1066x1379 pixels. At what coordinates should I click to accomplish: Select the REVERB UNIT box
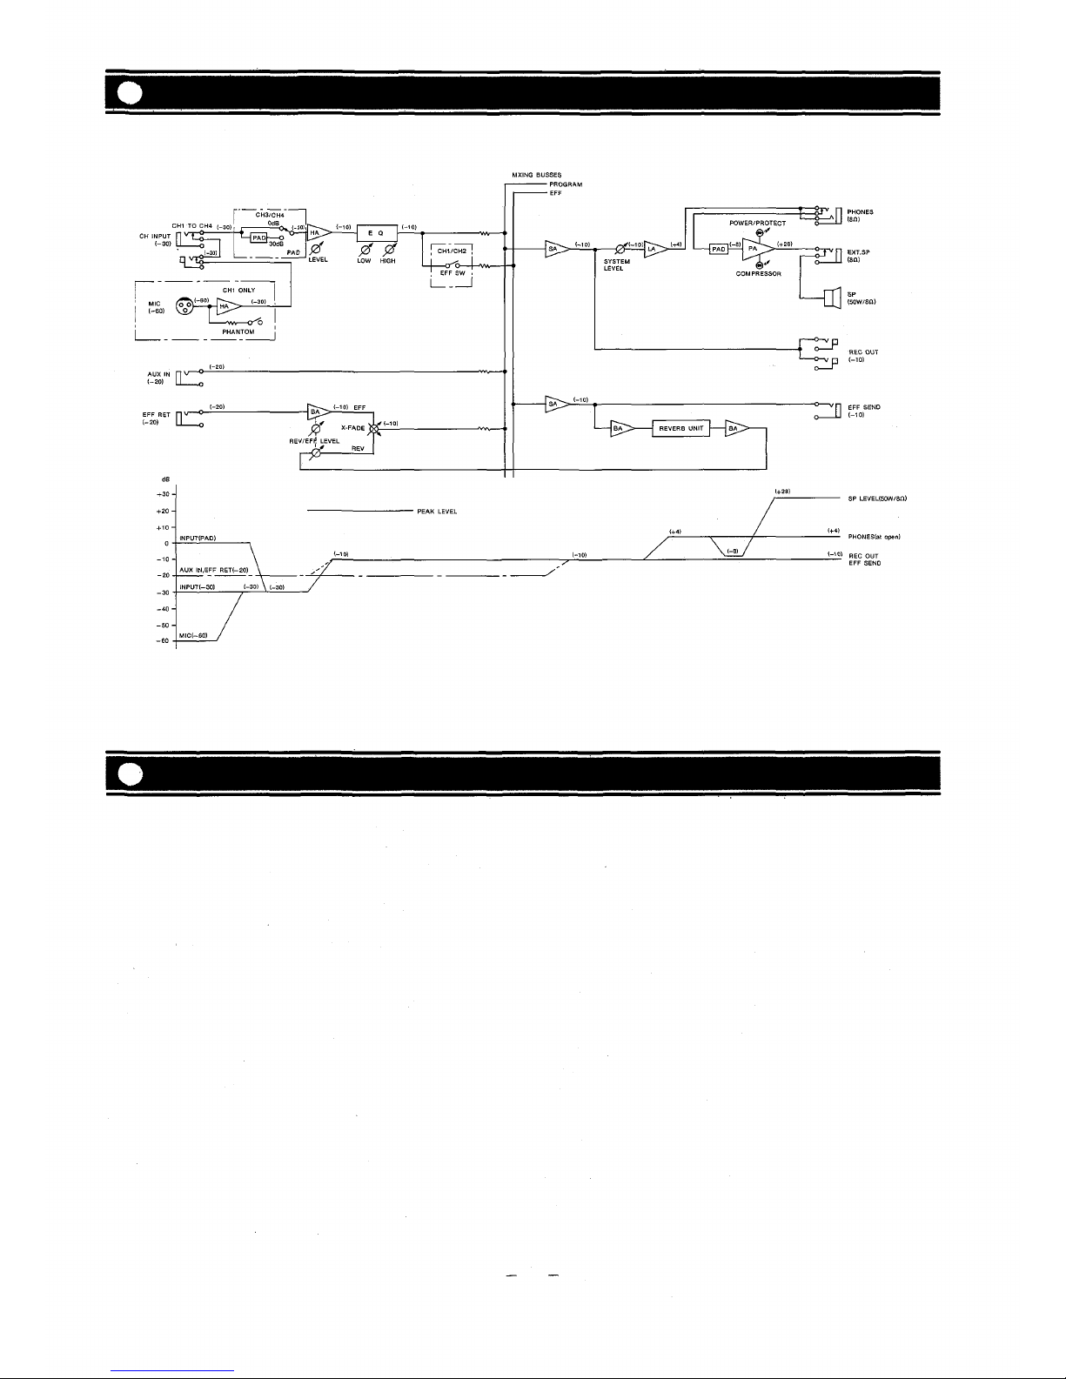click(x=681, y=428)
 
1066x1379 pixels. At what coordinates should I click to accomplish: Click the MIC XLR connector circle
click(x=184, y=306)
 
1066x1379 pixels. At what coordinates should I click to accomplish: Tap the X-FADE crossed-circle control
click(x=375, y=428)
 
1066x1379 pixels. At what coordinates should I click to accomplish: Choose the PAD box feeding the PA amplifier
click(x=718, y=249)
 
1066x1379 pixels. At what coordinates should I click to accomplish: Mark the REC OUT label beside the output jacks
click(x=863, y=352)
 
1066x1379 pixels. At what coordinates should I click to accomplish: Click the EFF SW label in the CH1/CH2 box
click(x=452, y=273)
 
